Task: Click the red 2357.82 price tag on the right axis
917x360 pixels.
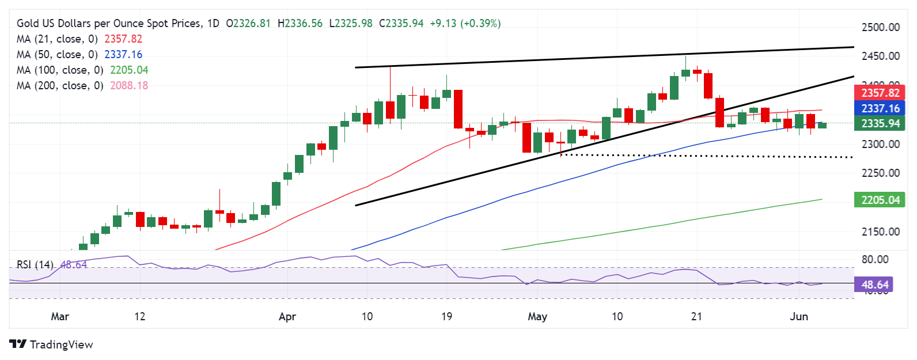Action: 880,93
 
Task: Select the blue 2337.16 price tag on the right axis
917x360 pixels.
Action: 880,108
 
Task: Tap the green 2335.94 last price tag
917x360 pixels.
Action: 880,123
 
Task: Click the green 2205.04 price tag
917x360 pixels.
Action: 880,200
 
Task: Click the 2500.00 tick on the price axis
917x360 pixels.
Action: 880,27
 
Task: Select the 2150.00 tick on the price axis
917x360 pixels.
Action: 880,232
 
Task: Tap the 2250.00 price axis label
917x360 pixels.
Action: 880,173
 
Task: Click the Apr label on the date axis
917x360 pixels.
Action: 287,316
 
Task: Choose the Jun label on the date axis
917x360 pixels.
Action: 799,316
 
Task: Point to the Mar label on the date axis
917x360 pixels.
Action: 60,316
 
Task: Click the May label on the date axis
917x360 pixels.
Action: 537,316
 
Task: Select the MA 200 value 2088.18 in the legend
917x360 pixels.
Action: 126,85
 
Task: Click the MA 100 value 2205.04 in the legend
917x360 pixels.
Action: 126,70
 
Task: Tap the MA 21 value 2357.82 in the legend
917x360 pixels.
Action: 123,39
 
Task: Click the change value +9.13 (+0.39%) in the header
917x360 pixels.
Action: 465,23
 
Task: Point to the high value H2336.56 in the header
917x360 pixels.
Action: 300,23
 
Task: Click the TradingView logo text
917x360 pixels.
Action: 61,344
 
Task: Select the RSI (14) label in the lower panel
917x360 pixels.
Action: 35,264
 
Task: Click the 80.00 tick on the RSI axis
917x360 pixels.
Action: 875,259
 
